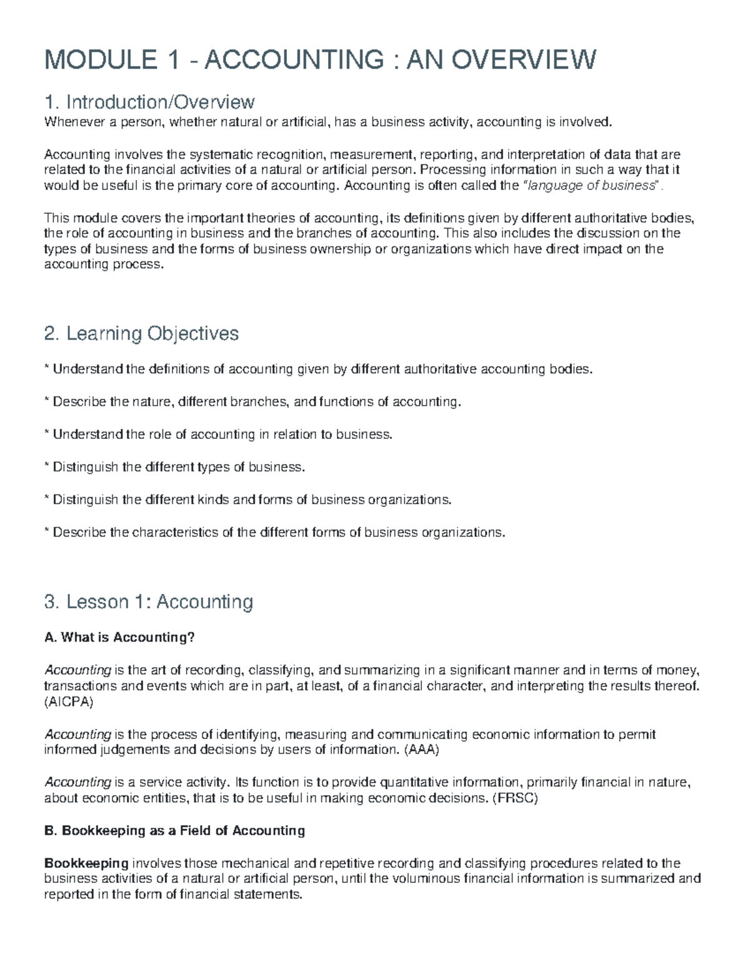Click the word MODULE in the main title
[101, 60]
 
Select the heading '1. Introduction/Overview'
[149, 101]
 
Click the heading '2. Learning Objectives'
[141, 333]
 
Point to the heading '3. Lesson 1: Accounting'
[149, 601]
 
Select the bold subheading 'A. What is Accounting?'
[120, 637]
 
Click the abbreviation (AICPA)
[69, 702]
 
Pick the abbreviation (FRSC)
[515, 798]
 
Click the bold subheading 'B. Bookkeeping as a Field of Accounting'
[174, 830]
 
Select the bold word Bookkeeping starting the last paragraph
[86, 863]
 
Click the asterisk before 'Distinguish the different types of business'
[46, 466]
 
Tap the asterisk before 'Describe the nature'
[46, 400]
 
